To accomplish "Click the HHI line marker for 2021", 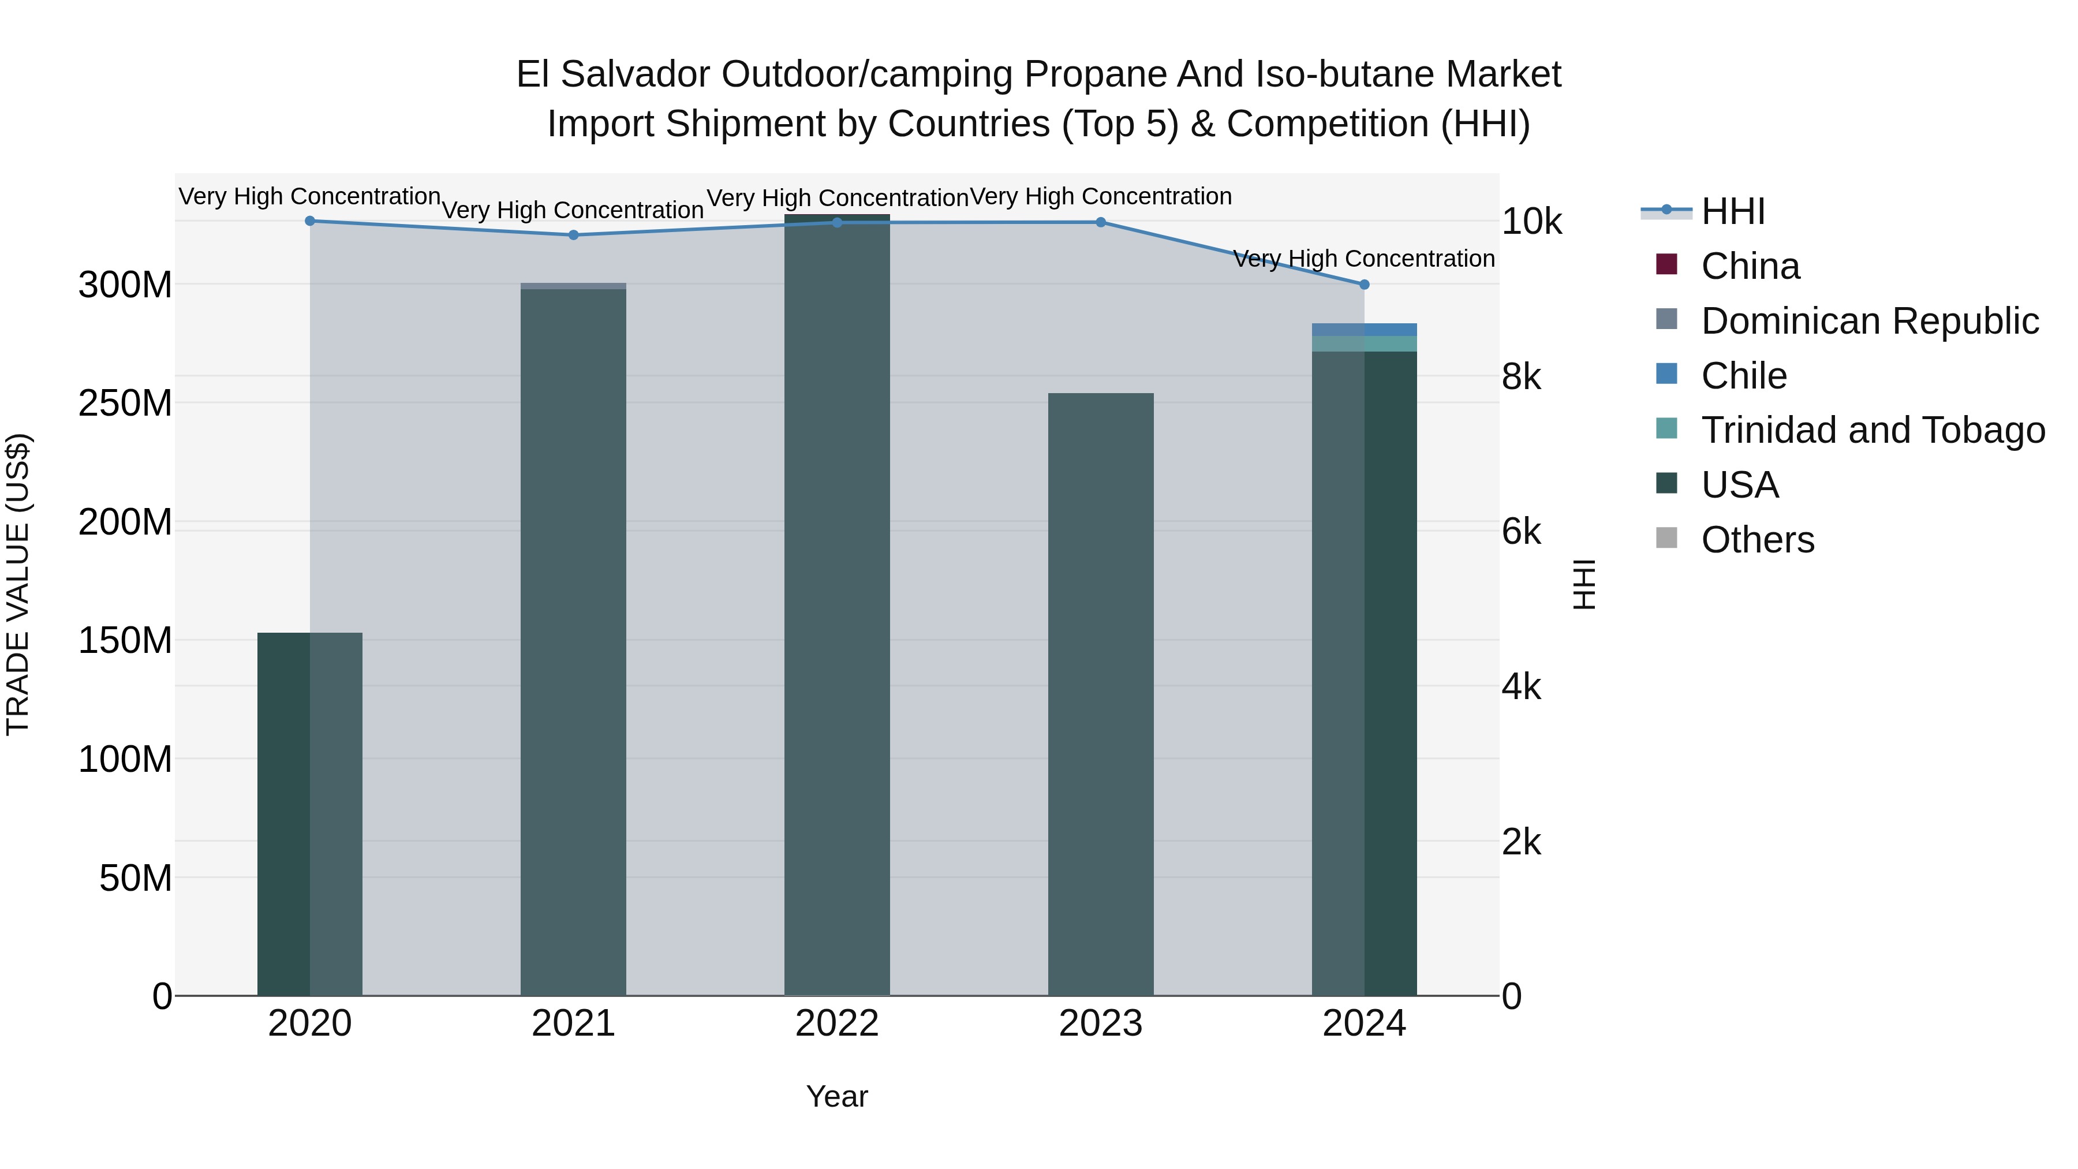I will tap(574, 235).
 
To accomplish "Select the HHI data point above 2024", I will tap(1364, 285).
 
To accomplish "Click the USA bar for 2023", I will tap(1100, 694).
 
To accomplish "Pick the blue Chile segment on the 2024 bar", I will tap(1364, 329).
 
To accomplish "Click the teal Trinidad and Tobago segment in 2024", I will tap(1364, 343).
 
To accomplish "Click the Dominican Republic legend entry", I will tap(1869, 321).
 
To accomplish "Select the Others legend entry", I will tap(1757, 540).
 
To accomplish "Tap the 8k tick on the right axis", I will tap(1520, 377).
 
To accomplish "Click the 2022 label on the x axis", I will tap(836, 1024).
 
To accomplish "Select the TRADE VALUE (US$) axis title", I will tap(18, 584).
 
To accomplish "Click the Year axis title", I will tap(836, 1096).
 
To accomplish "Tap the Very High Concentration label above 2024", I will tap(1363, 259).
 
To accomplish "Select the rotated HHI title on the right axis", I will tap(1584, 584).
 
